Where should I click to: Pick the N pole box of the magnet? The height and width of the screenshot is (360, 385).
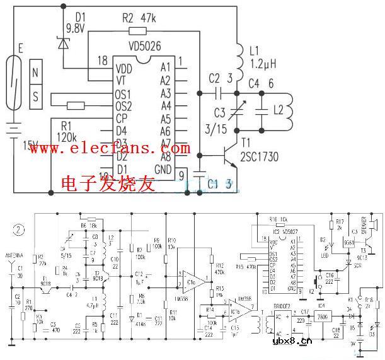pyautogui.click(x=35, y=72)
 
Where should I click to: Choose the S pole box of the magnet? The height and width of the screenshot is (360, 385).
pyautogui.click(x=35, y=97)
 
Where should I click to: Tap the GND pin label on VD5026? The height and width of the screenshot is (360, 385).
pyautogui.click(x=163, y=170)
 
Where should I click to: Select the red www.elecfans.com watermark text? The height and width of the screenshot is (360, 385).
pyautogui.click(x=107, y=149)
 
